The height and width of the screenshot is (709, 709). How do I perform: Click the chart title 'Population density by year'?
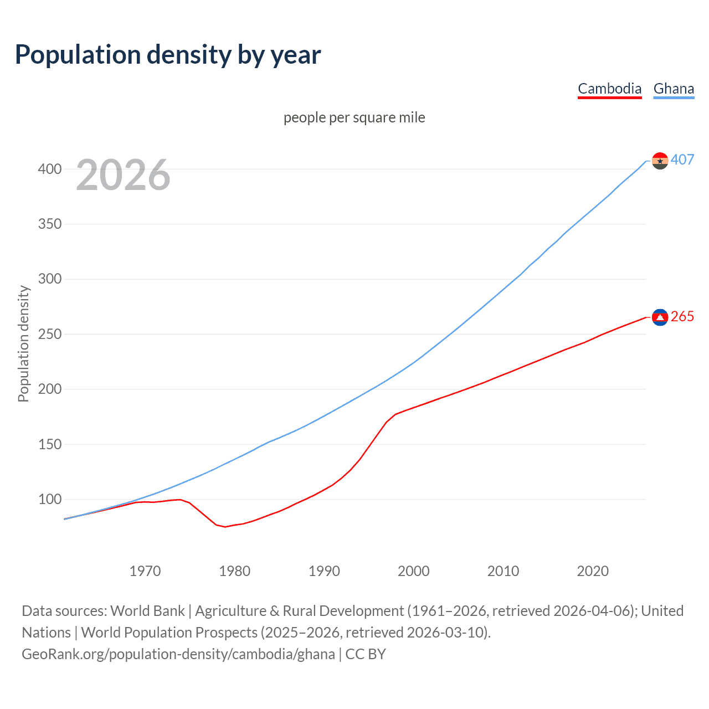(x=168, y=55)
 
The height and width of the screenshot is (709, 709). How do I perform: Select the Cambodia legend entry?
(x=609, y=89)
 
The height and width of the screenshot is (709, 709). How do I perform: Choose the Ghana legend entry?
(x=674, y=89)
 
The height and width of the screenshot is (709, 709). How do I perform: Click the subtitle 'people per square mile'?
(x=354, y=118)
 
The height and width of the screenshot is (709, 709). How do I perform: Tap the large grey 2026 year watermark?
(x=123, y=175)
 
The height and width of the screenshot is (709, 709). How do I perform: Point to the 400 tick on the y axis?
(x=50, y=169)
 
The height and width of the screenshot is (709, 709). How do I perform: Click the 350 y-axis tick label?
(x=50, y=224)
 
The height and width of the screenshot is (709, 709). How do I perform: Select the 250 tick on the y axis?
(x=50, y=334)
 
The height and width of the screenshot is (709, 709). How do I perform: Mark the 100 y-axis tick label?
(x=50, y=499)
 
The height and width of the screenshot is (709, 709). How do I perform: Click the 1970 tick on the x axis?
(x=145, y=571)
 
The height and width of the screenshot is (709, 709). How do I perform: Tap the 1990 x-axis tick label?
(x=324, y=571)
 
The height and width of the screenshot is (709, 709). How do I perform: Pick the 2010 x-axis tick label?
(x=503, y=571)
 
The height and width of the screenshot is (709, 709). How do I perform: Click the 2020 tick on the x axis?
(x=593, y=571)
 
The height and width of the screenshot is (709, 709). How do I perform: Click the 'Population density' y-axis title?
(x=23, y=343)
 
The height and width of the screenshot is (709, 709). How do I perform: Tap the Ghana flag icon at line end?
(x=660, y=161)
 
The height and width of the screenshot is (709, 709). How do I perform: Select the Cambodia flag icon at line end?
(x=660, y=317)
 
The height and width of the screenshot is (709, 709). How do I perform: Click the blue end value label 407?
(x=682, y=160)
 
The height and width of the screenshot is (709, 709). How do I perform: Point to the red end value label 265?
(x=682, y=316)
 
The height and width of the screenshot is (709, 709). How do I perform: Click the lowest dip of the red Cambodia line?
(x=225, y=527)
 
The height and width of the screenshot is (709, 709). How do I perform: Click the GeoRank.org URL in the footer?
(x=178, y=654)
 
